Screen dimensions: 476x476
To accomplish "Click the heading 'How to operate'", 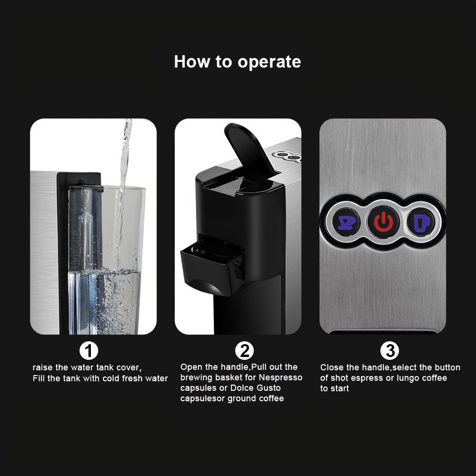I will click(x=238, y=62).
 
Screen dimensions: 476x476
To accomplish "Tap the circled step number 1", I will click(x=89, y=351).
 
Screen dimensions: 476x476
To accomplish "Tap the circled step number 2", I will click(x=244, y=351).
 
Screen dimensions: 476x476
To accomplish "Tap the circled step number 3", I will click(x=390, y=351).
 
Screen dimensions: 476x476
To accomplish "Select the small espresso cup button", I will click(x=346, y=222).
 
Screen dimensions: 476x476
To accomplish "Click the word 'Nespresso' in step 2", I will click(x=280, y=377).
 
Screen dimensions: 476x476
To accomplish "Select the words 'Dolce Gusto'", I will click(x=256, y=388).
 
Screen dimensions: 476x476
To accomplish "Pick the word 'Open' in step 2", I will click(x=190, y=367).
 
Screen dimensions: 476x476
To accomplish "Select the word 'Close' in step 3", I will click(x=332, y=367).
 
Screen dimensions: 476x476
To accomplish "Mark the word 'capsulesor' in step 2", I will click(x=202, y=398).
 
